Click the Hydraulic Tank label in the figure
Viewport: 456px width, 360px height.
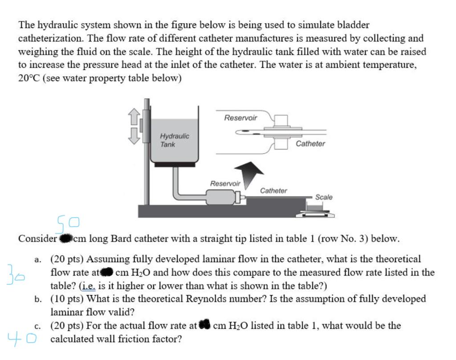174,140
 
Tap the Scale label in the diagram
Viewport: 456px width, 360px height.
323,197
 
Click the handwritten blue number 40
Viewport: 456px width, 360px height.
20,338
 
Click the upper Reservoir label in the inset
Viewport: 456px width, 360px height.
240,118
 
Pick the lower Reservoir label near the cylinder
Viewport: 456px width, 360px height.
225,183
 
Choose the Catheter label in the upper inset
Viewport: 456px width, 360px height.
310,144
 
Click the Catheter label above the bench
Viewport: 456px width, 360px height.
273,190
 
